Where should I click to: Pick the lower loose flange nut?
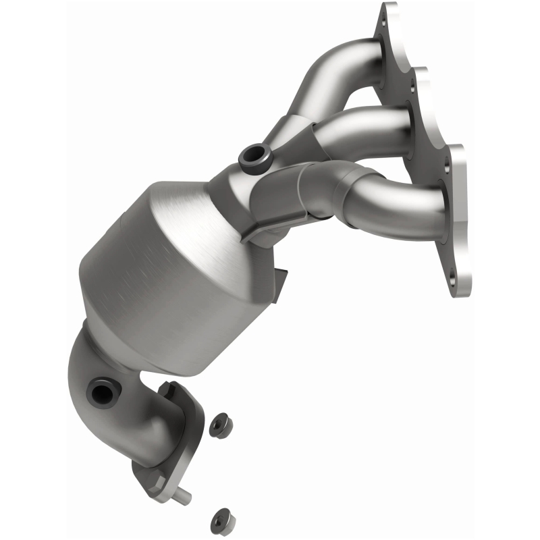click(x=217, y=518)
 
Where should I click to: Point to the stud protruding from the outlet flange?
click(x=184, y=497)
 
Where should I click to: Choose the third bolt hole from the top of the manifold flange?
click(x=448, y=160)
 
